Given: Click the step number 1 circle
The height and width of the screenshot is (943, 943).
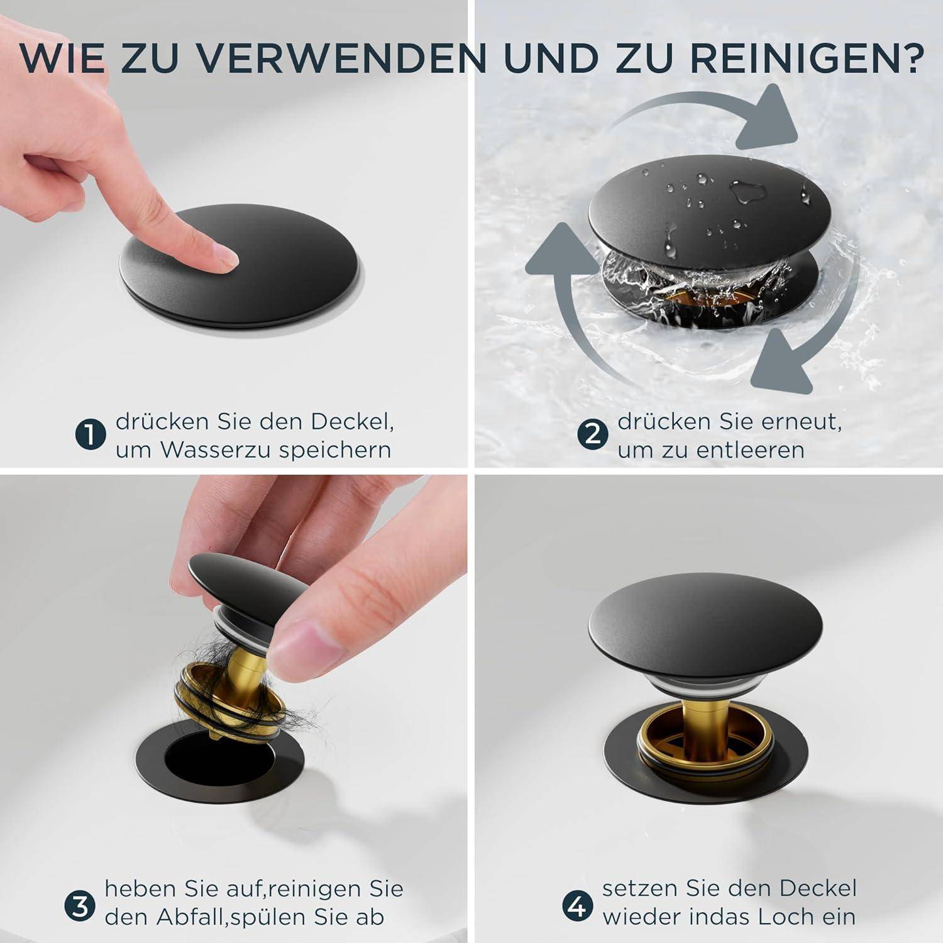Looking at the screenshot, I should click(x=91, y=435).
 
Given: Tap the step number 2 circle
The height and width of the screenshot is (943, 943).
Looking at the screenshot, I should click(x=592, y=435).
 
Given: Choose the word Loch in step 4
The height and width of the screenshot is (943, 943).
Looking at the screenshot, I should click(x=789, y=917).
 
